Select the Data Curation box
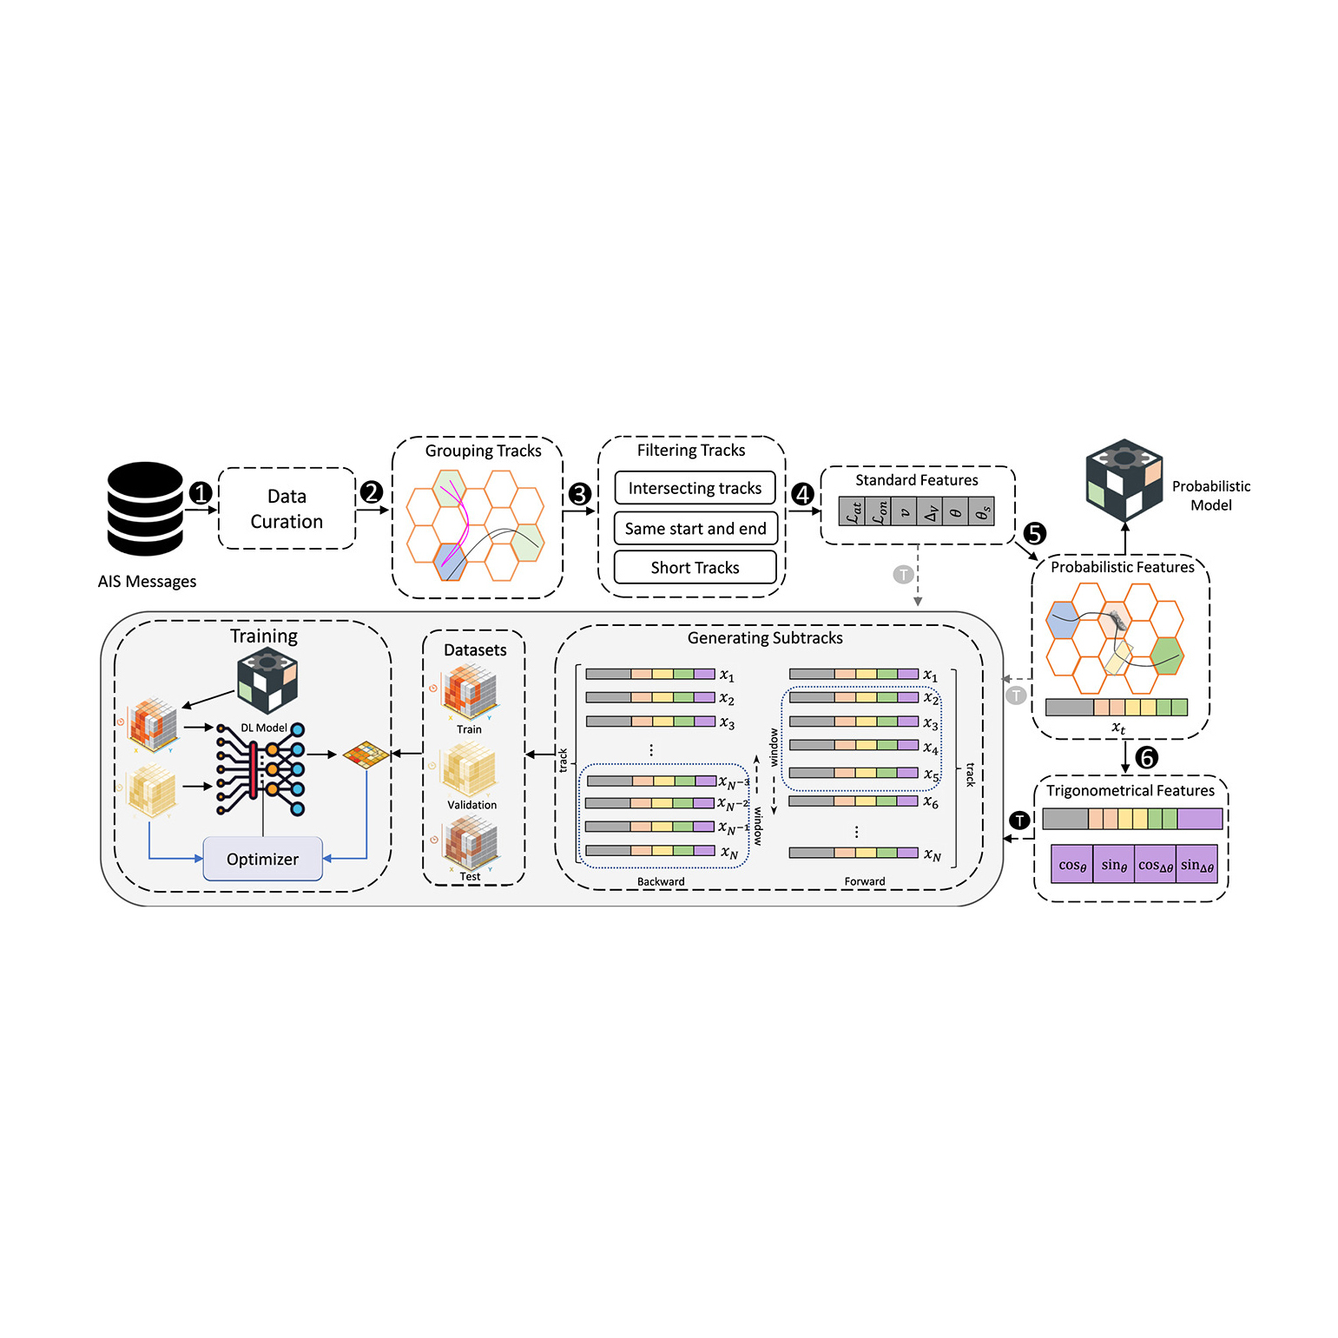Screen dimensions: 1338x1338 click(x=287, y=509)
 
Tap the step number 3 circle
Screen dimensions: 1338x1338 click(x=579, y=494)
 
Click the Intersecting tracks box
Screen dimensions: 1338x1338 click(x=695, y=488)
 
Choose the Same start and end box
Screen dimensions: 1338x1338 click(x=695, y=528)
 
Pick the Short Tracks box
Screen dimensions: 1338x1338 click(x=695, y=567)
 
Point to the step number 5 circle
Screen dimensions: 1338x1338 click(x=1034, y=533)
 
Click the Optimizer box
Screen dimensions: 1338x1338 click(x=262, y=859)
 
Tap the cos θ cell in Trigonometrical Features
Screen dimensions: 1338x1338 click(x=1072, y=865)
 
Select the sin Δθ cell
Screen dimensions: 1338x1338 click(x=1197, y=865)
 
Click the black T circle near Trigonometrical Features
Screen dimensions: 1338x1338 click(x=1019, y=820)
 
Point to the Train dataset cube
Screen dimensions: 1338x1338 click(x=470, y=692)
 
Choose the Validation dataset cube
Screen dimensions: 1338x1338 click(x=470, y=769)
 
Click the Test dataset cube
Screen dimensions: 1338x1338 click(x=470, y=843)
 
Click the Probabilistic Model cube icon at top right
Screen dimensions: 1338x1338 click(x=1124, y=479)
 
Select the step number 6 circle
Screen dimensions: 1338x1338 click(x=1147, y=758)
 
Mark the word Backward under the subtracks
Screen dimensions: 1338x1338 click(x=661, y=881)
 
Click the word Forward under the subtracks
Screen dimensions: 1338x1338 click(x=865, y=881)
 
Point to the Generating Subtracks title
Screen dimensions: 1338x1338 click(x=765, y=638)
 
